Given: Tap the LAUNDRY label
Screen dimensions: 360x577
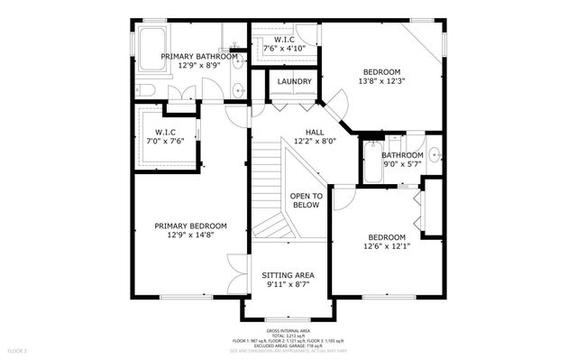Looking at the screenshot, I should point(295,82).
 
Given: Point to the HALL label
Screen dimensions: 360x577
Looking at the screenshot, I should point(315,132).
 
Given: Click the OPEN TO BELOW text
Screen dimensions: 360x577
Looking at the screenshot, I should point(306,200).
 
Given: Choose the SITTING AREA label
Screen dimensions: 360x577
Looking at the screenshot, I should point(288,274).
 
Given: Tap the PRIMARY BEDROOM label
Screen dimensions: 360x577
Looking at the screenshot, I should point(190,226).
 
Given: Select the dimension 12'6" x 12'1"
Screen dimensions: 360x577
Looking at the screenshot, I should point(388,246).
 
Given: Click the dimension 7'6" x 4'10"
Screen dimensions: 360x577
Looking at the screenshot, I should point(284,48).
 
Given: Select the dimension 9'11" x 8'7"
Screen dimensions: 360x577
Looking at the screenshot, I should point(288,285).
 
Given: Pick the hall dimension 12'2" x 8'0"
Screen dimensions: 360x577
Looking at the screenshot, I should point(315,142).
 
